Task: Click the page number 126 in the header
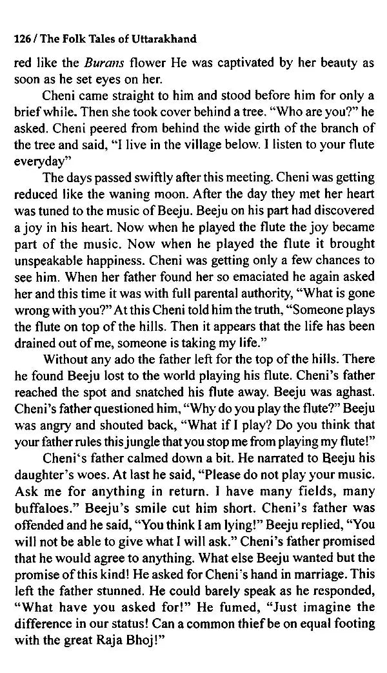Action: (22, 39)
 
